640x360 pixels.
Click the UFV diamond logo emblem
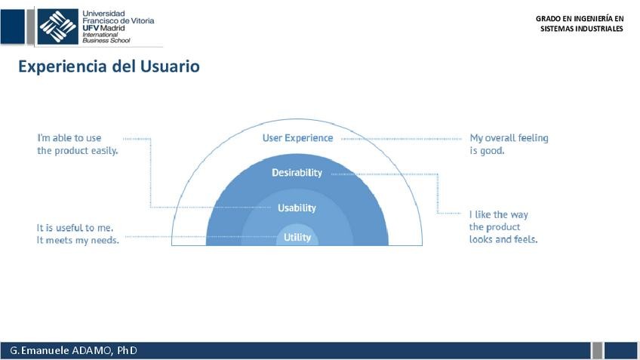point(57,26)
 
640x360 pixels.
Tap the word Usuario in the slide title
point(170,66)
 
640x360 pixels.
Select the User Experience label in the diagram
point(297,138)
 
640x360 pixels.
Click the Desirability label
point(297,173)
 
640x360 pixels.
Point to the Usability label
point(297,208)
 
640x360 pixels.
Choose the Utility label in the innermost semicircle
point(297,237)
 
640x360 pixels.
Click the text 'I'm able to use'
point(69,138)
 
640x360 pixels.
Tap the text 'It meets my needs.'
point(78,240)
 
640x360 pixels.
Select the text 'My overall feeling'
point(509,138)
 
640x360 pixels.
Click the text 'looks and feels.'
point(503,239)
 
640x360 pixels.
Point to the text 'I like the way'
point(498,214)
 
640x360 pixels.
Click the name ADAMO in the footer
point(91,351)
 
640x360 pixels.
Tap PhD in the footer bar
point(127,351)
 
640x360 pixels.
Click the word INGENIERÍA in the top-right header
point(587,18)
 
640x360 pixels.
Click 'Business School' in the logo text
point(102,41)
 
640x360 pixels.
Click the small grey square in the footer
point(597,350)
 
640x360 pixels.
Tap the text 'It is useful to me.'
point(75,227)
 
